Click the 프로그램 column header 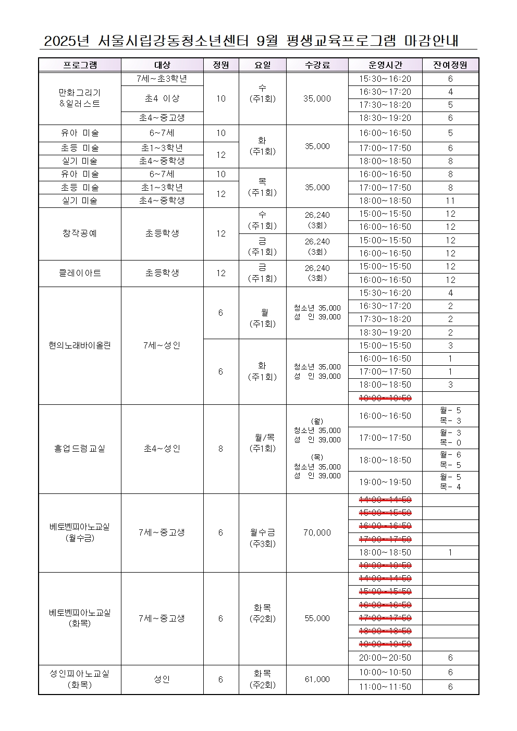[x=80, y=65]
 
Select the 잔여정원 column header [x=450, y=65]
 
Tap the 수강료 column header [x=317, y=65]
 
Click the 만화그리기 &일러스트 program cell [x=80, y=98]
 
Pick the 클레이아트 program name [x=80, y=273]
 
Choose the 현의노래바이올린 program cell [x=80, y=345]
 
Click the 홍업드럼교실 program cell [x=80, y=449]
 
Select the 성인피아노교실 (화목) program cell [x=80, y=679]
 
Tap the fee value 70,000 [x=317, y=532]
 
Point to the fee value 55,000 [x=317, y=618]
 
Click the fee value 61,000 [x=317, y=679]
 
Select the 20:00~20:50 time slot [x=385, y=658]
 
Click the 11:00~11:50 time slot [x=385, y=687]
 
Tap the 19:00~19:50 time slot [x=385, y=482]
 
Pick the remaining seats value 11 [x=450, y=201]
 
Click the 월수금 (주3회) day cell [x=262, y=538]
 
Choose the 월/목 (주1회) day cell [x=262, y=443]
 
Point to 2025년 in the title [x=67, y=41]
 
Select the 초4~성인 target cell [x=162, y=449]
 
